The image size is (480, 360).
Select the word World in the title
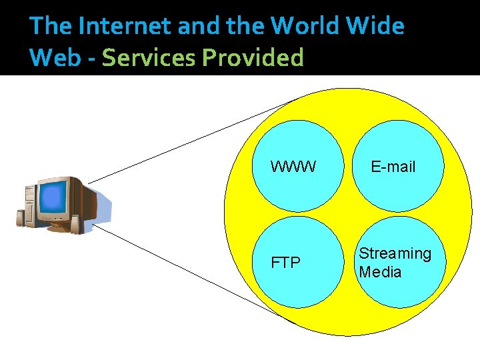pos(304,26)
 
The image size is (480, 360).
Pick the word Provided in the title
pos(253,57)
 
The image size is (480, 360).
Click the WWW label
pos(293,167)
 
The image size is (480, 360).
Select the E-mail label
pos(393,167)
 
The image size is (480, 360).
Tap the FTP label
pos(285,263)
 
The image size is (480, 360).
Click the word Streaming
pos(395,253)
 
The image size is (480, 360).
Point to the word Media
pos(380,272)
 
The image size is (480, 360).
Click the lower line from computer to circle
pos(193,273)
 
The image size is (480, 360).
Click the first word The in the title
pos(51,26)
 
